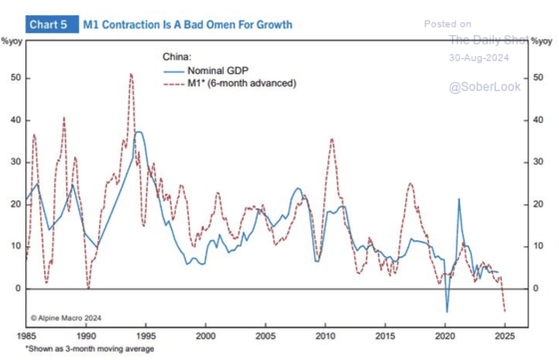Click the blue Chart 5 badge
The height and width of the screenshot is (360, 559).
pyautogui.click(x=48, y=24)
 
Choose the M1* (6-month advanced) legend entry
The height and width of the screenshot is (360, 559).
pyautogui.click(x=241, y=83)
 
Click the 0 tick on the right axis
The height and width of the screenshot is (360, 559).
pyautogui.click(x=536, y=288)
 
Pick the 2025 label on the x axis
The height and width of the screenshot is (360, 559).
pyautogui.click(x=505, y=336)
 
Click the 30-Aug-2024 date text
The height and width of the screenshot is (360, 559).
pyautogui.click(x=479, y=58)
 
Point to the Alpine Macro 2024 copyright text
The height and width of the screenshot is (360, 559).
pyautogui.click(x=66, y=318)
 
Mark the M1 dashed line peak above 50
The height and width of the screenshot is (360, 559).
pyautogui.click(x=131, y=74)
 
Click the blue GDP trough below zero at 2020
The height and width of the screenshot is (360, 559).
pyautogui.click(x=447, y=312)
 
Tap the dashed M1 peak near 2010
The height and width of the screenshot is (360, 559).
pyautogui.click(x=332, y=139)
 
